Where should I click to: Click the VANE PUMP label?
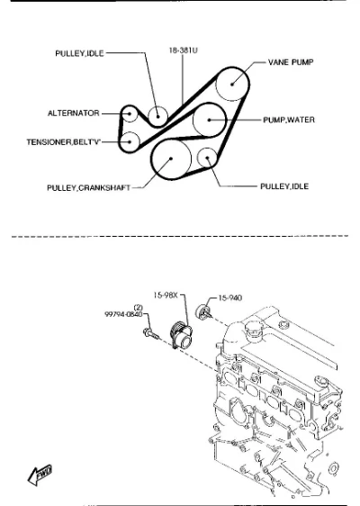click(x=291, y=62)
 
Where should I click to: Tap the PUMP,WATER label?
click(x=289, y=120)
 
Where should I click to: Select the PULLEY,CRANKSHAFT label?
click(x=89, y=188)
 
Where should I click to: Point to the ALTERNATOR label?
click(x=74, y=113)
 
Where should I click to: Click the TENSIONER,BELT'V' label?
click(x=64, y=142)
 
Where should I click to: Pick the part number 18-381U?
click(x=184, y=50)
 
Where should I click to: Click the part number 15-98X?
click(x=166, y=295)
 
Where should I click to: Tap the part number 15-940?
click(x=230, y=298)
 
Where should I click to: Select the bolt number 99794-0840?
click(x=123, y=314)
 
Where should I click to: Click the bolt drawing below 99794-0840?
click(x=151, y=334)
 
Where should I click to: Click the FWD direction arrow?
click(x=40, y=474)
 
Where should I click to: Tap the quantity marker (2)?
click(x=138, y=308)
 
